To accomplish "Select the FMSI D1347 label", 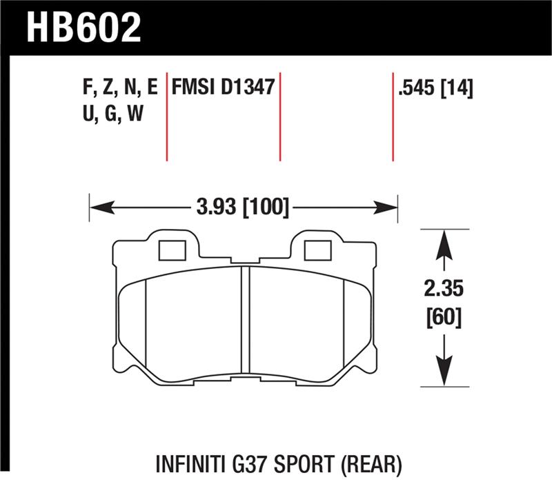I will tap(224, 88).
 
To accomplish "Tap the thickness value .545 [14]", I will tap(435, 88).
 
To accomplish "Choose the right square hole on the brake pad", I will tap(317, 251).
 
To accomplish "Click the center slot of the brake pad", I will tap(244, 321).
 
